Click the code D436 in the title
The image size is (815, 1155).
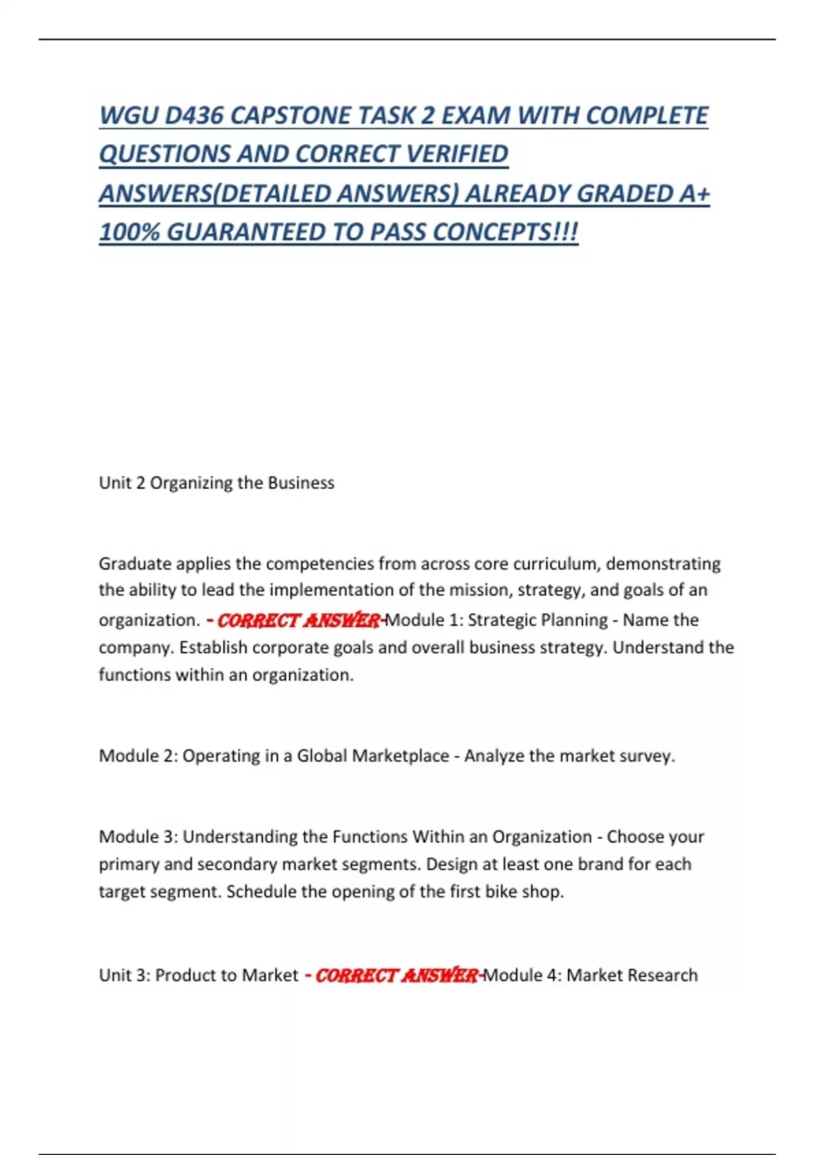194,115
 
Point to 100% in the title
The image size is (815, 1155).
129,232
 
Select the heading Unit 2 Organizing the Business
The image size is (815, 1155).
217,483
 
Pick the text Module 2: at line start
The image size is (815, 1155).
138,756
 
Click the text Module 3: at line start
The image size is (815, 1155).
138,837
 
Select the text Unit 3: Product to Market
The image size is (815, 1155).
198,976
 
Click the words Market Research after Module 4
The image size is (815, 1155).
632,976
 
